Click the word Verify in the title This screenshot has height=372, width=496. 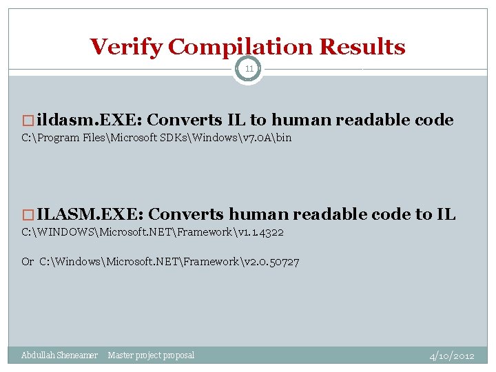tap(127, 47)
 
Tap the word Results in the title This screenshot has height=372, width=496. tap(362, 47)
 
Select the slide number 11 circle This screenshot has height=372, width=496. tap(248, 69)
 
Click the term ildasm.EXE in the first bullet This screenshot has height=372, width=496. tap(89, 120)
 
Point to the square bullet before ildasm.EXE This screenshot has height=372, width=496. tap(28, 121)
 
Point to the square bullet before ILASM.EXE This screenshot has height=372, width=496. tap(28, 215)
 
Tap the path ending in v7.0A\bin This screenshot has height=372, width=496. tap(156, 138)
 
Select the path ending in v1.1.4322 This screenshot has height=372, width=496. tap(152, 232)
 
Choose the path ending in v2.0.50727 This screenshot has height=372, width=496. tap(169, 262)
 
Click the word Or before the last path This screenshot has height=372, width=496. tap(28, 262)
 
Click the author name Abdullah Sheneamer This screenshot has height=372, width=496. tap(59, 355)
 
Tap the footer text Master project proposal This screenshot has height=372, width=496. tap(151, 355)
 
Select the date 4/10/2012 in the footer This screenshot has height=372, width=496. tap(451, 356)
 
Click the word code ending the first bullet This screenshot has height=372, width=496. tap(434, 120)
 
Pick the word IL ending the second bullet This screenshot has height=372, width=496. tap(446, 214)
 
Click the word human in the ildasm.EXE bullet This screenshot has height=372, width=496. tap(306, 120)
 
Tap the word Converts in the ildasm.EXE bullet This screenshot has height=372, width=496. tap(179, 120)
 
